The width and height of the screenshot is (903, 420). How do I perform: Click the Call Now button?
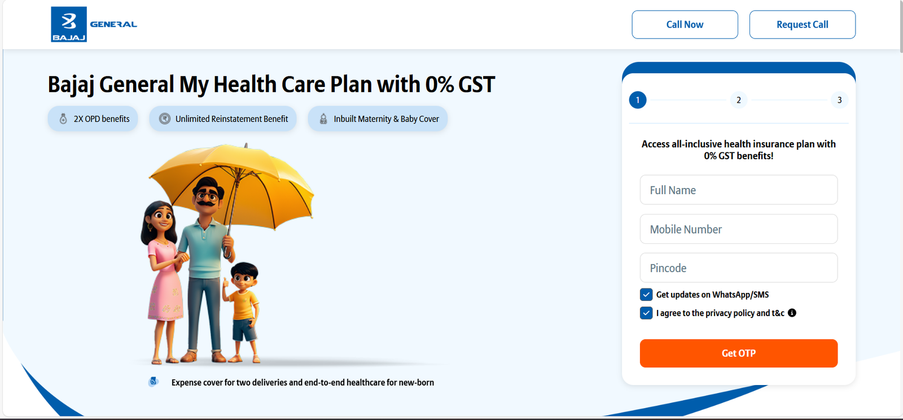pos(685,25)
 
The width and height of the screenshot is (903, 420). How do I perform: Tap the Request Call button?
pos(802,25)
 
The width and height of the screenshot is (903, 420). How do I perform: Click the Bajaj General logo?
pos(94,24)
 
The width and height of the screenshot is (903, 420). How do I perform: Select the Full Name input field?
pos(739,190)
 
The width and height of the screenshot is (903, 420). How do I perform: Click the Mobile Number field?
pos(739,229)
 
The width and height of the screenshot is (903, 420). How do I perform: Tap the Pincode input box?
pos(739,268)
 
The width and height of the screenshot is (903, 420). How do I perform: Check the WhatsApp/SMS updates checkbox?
pos(646,295)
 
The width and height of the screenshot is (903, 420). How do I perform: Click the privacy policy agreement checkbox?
pos(646,313)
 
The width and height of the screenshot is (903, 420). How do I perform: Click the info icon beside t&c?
pos(792,313)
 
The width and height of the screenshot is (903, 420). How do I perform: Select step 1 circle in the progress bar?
pos(638,100)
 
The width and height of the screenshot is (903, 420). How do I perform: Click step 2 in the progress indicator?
pos(739,100)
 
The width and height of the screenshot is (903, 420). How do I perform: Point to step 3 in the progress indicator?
pos(840,100)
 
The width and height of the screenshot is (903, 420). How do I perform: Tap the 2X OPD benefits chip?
pos(93,119)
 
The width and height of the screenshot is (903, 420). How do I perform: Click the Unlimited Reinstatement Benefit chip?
pos(223,119)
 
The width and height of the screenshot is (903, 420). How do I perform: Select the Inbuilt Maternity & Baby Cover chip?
pos(378,119)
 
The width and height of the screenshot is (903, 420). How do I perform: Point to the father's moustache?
pos(207,203)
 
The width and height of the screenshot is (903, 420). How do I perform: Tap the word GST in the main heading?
pos(476,85)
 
